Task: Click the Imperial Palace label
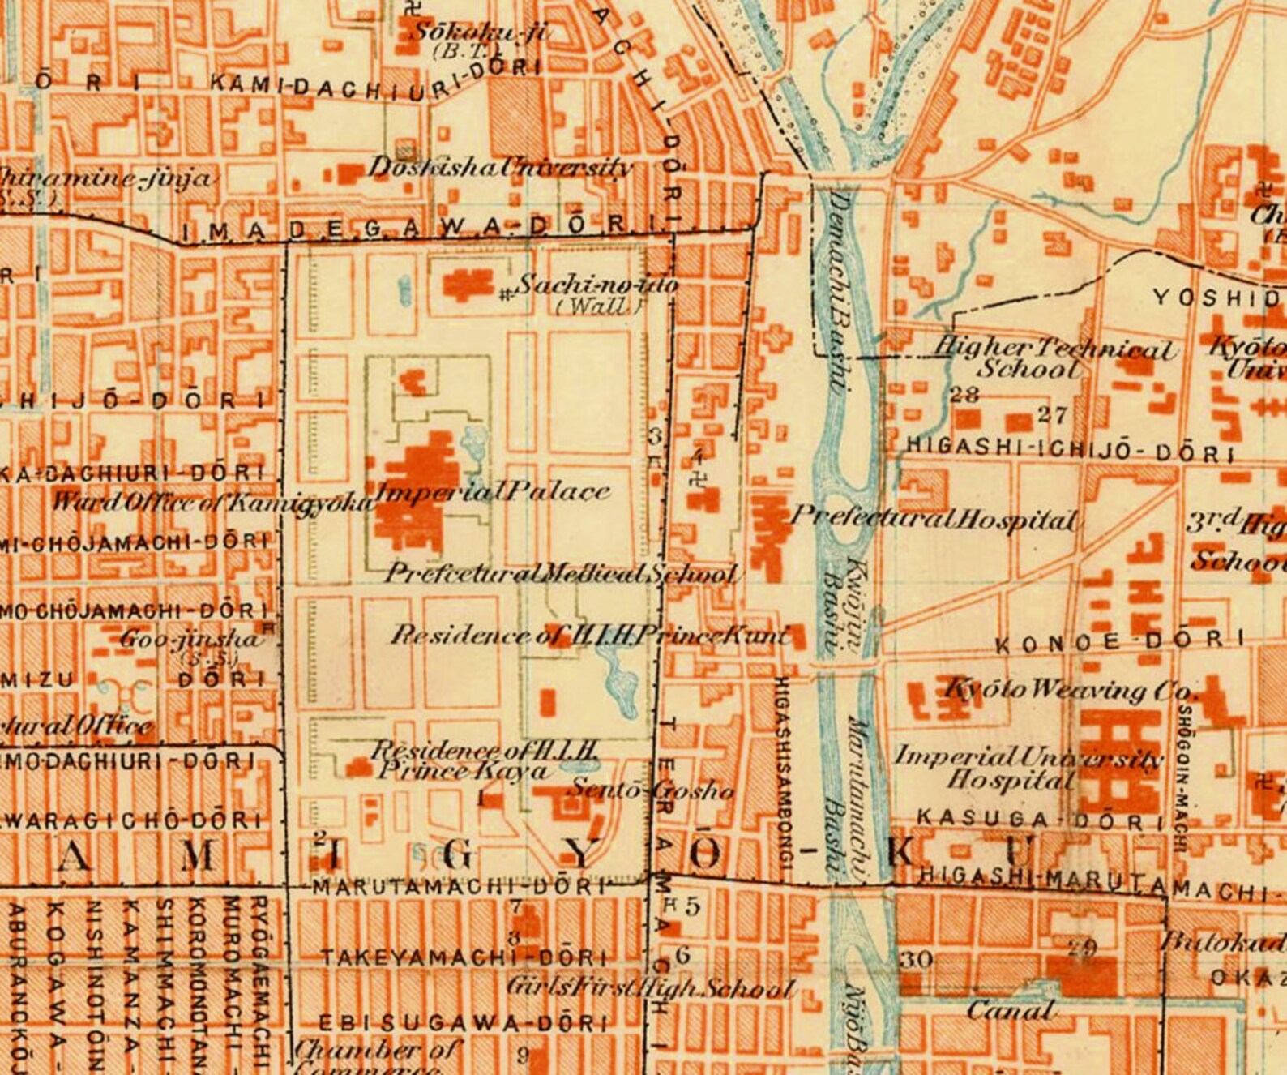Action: click(492, 491)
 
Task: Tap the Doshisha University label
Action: click(500, 168)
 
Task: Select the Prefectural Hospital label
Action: click(934, 517)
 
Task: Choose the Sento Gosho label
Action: click(652, 789)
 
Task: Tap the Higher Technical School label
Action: click(1052, 358)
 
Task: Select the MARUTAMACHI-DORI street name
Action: click(459, 887)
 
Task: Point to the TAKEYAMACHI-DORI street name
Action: click(464, 957)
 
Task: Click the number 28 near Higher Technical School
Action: click(964, 395)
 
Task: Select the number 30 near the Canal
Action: click(917, 960)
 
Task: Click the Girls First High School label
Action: click(650, 988)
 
